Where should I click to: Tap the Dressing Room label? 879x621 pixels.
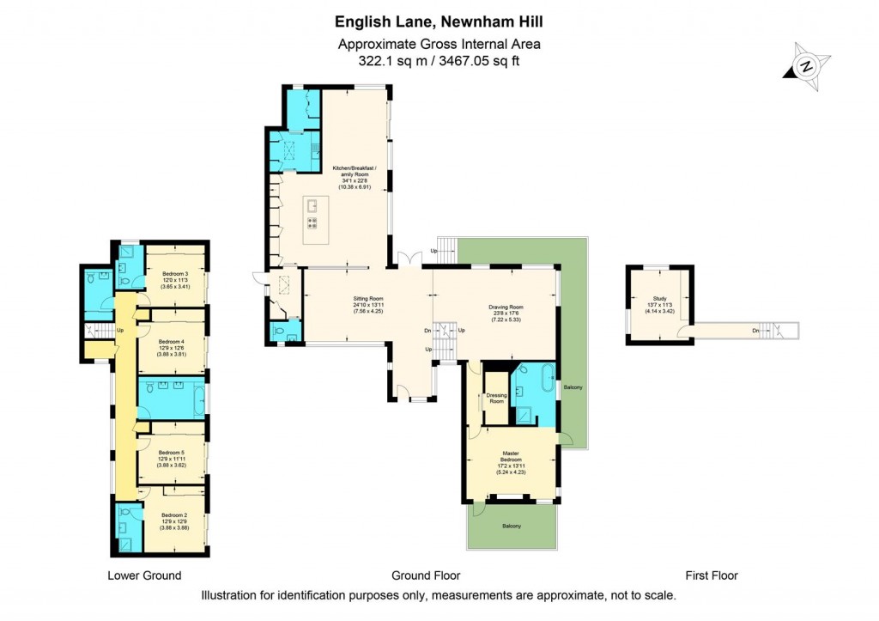496,398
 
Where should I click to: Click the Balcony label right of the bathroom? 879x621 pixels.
573,388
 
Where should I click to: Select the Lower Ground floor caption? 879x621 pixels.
144,575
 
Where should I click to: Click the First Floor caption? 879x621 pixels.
711,575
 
